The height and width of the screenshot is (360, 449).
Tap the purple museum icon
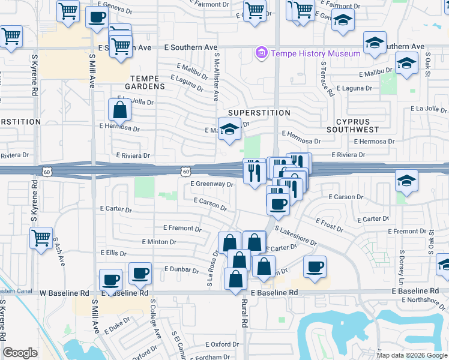point(261,53)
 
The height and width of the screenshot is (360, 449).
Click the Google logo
point(20,353)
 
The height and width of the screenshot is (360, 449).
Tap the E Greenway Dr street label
point(211,184)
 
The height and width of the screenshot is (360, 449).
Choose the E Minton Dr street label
point(159,241)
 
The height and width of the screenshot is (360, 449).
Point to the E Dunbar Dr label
point(181,270)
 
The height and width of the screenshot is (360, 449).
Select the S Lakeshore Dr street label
point(295,235)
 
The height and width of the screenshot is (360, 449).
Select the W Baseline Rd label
point(64,293)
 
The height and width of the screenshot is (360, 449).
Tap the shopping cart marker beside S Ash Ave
point(41,238)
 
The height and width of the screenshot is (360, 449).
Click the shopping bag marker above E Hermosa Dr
point(119,109)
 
